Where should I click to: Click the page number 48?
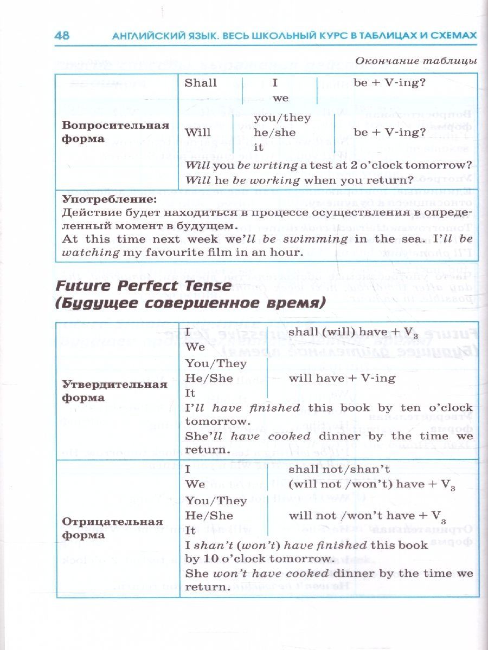point(62,36)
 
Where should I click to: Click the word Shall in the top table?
point(201,83)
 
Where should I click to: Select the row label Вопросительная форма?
point(116,132)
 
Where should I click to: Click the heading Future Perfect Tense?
point(143,285)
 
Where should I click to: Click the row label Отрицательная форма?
point(113,528)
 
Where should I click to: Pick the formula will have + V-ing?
point(342,378)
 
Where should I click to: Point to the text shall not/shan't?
point(339,469)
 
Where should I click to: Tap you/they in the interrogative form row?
point(282,118)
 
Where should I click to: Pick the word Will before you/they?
point(198,132)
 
